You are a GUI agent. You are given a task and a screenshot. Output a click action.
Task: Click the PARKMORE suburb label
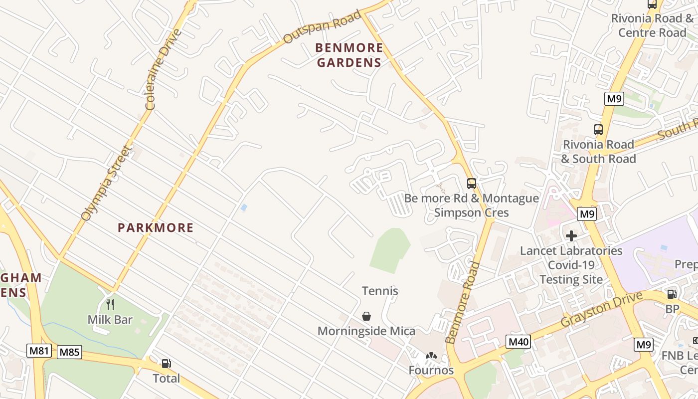tap(156, 228)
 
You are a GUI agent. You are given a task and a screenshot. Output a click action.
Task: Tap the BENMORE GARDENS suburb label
tap(349, 55)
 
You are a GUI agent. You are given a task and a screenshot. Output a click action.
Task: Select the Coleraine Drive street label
tap(164, 69)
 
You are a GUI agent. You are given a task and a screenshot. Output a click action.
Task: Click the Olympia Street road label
tap(107, 183)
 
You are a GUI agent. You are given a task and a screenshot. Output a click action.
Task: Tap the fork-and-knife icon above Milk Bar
tap(110, 304)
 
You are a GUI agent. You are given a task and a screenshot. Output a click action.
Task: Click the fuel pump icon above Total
tap(166, 364)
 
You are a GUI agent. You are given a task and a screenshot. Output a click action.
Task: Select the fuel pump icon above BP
tap(672, 294)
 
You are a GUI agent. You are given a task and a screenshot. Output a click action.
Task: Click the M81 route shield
tap(39, 351)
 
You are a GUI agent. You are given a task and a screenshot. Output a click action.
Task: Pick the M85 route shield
tap(69, 352)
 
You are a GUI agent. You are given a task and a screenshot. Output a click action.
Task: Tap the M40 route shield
tap(519, 342)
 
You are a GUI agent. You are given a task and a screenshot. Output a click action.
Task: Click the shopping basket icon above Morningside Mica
tap(366, 316)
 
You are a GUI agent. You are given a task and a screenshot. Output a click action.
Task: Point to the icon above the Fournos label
tap(431, 357)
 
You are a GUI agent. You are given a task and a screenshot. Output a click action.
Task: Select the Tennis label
tap(380, 291)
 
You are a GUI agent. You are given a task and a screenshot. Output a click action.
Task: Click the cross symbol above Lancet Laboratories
tap(571, 235)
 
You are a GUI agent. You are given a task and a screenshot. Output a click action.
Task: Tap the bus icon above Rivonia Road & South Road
tap(598, 130)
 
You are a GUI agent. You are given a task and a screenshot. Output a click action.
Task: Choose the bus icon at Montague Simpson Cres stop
tap(472, 184)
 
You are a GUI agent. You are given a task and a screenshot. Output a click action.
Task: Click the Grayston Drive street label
tap(601, 310)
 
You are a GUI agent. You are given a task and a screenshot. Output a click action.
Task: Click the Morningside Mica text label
tap(366, 331)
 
